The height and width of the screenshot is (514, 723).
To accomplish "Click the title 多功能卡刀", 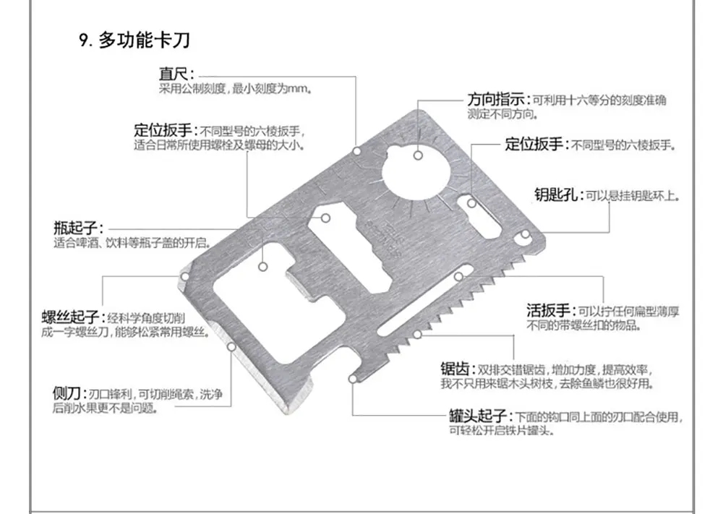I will click(144, 40).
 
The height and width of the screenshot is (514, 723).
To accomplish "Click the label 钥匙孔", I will click(557, 194).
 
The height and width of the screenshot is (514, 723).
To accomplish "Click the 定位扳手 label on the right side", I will click(532, 144).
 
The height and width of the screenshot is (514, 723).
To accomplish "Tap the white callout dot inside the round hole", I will click(418, 154).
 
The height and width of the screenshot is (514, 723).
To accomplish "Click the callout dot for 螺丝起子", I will click(184, 276).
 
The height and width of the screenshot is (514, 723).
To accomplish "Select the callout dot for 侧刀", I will click(231, 347).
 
